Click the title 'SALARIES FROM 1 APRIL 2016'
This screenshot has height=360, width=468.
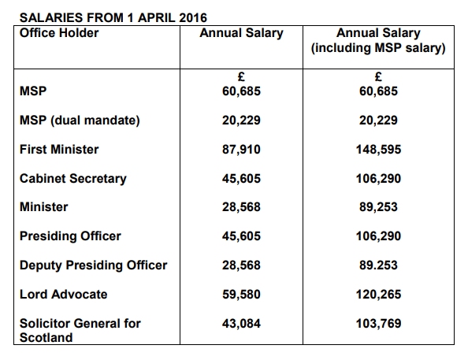[113, 18]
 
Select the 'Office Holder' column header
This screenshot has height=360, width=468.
[59, 33]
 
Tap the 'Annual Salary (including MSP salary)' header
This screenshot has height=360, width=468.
[378, 41]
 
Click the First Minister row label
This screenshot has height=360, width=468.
[59, 149]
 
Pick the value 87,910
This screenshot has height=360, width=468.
[241, 149]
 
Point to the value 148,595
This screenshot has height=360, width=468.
[378, 149]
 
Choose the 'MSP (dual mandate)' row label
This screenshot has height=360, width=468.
[80, 121]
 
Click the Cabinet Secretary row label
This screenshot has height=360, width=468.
[72, 179]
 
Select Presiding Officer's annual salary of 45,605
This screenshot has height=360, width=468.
[241, 236]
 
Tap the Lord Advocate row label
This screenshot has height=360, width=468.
[63, 295]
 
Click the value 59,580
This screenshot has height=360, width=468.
[241, 295]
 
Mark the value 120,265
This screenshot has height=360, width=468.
[378, 295]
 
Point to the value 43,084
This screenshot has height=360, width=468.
[241, 324]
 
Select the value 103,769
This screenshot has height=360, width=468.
[378, 324]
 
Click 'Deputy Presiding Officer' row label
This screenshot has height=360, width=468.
[93, 265]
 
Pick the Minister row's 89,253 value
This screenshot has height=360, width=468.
[378, 207]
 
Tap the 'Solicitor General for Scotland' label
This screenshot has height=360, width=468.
[80, 330]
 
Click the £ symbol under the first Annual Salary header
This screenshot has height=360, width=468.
[241, 76]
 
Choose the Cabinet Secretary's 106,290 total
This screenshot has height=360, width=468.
[378, 179]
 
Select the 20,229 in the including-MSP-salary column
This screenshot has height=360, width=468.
[378, 121]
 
